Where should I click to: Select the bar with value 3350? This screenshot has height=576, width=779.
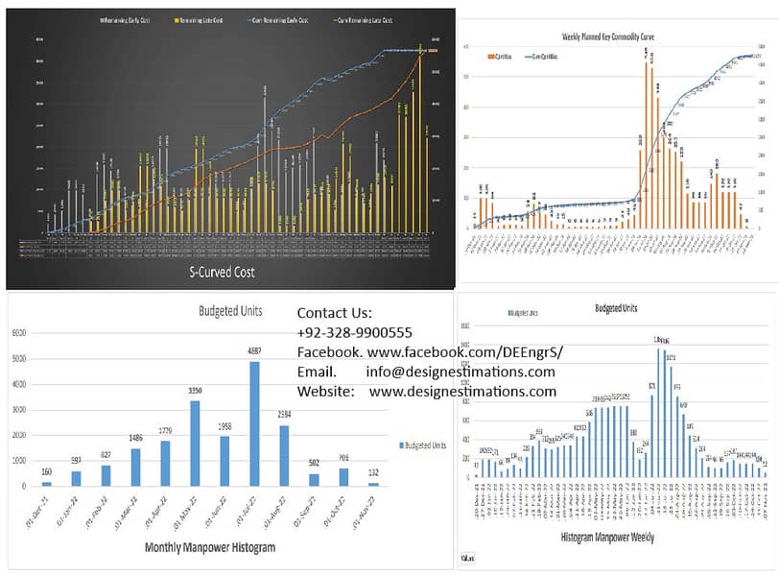click(x=195, y=443)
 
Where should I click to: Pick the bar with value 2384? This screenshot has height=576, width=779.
click(x=284, y=455)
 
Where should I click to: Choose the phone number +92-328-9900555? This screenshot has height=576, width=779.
click(x=354, y=332)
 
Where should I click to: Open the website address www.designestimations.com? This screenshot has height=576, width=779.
click(x=462, y=392)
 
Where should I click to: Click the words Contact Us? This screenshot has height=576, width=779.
click(x=334, y=313)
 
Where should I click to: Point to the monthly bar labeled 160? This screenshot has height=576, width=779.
click(x=47, y=484)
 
